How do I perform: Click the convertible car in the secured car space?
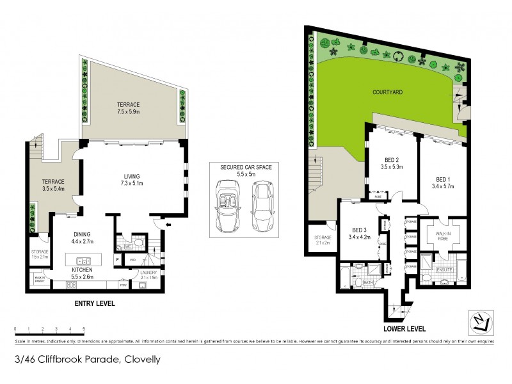pos(228,207)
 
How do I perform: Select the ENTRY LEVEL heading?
pos(95,303)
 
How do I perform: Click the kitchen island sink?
pos(83,260)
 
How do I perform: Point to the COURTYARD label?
pos(388,92)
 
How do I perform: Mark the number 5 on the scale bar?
pos(84,328)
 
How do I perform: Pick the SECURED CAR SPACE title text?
pos(246,167)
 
